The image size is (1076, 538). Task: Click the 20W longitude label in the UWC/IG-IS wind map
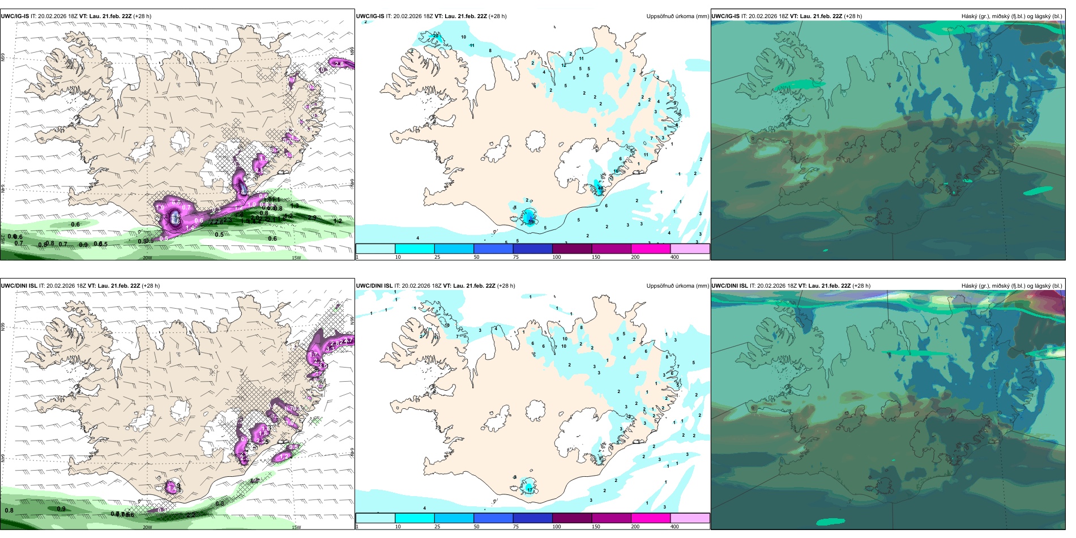click(147, 258)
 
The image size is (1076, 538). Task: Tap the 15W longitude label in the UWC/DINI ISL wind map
click(296, 527)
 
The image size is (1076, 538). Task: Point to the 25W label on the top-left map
click(3, 239)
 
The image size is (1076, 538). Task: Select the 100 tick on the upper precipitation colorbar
click(557, 257)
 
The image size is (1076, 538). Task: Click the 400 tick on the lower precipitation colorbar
click(674, 527)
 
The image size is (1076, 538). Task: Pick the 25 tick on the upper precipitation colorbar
click(437, 257)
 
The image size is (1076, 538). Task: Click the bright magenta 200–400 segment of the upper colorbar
click(650, 249)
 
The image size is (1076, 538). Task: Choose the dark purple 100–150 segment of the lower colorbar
click(571, 518)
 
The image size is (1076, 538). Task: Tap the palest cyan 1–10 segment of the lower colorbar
click(375, 518)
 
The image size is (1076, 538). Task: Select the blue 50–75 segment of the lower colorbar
click(493, 518)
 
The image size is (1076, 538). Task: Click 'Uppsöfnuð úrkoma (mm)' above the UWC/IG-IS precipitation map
click(677, 16)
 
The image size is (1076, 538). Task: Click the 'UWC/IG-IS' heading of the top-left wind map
click(15, 16)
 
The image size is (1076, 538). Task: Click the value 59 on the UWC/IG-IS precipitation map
click(531, 221)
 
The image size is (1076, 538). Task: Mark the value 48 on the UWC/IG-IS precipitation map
click(600, 189)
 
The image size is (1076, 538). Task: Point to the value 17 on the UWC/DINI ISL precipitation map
click(530, 488)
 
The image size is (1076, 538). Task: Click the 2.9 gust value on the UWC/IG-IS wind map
click(312, 217)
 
